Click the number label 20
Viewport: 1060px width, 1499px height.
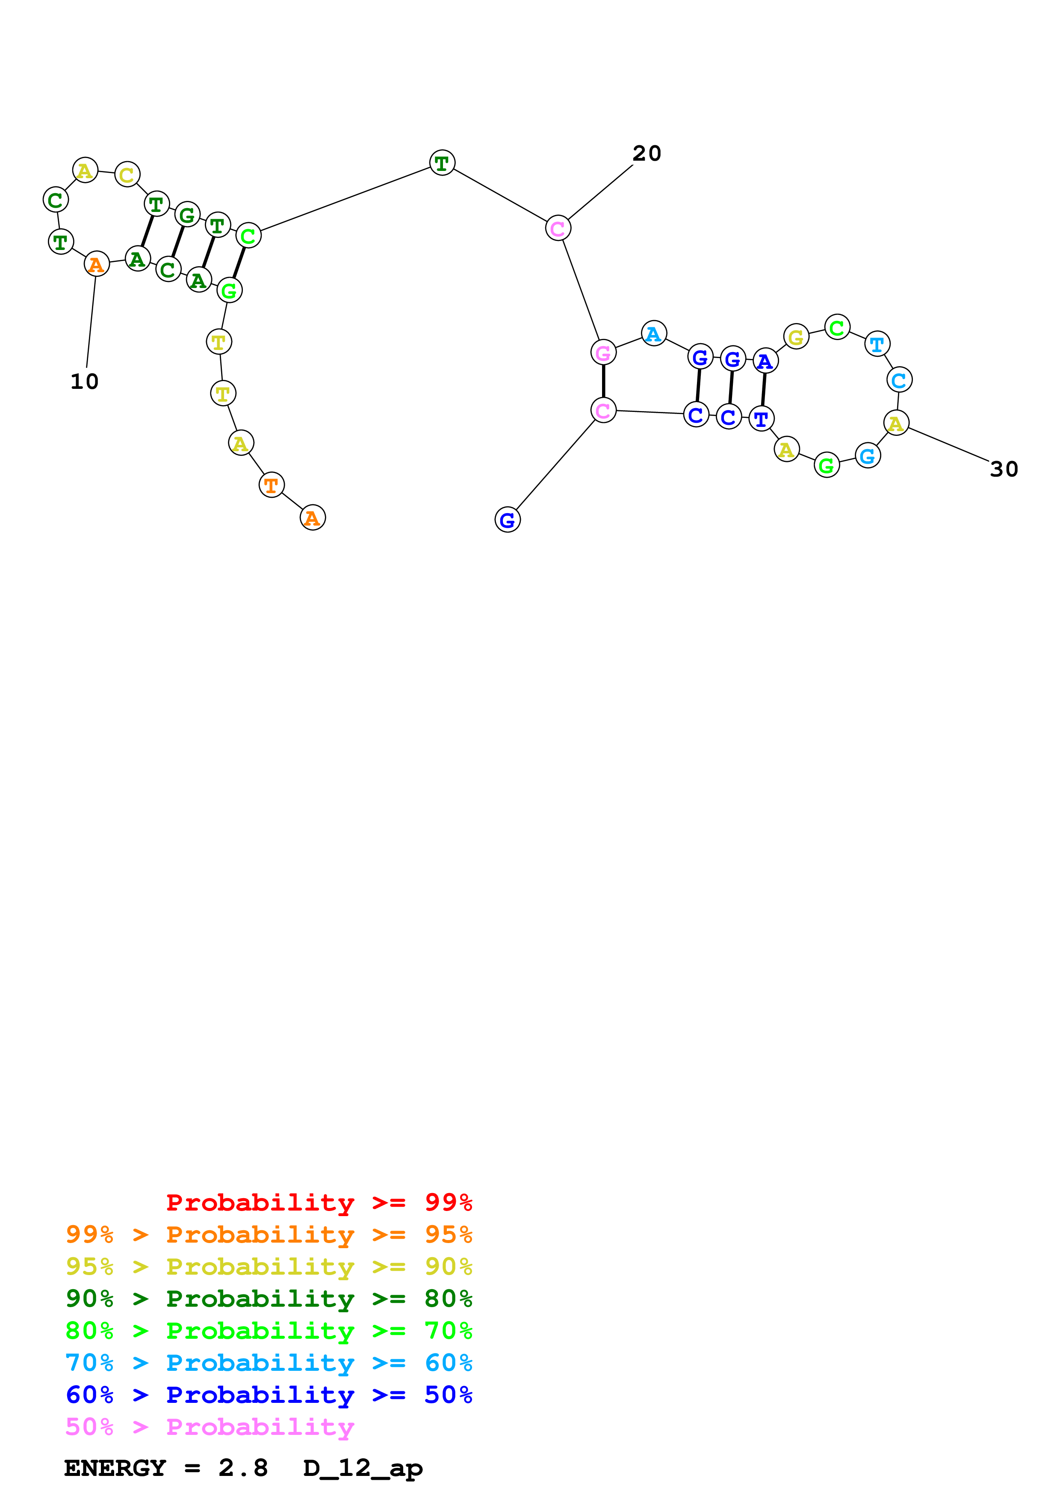click(647, 153)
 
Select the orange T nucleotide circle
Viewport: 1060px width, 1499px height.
click(272, 485)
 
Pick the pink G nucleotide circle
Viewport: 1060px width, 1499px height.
click(603, 353)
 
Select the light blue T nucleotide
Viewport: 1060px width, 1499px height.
click(877, 344)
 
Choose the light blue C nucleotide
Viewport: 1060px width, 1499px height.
click(899, 380)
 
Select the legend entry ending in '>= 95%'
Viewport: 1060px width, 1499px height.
click(269, 1234)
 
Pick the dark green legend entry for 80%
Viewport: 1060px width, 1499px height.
click(269, 1299)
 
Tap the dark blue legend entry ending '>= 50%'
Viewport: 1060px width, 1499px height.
click(269, 1395)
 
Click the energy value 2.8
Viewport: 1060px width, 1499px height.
click(243, 1468)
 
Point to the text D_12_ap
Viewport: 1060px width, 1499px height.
click(363, 1468)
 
